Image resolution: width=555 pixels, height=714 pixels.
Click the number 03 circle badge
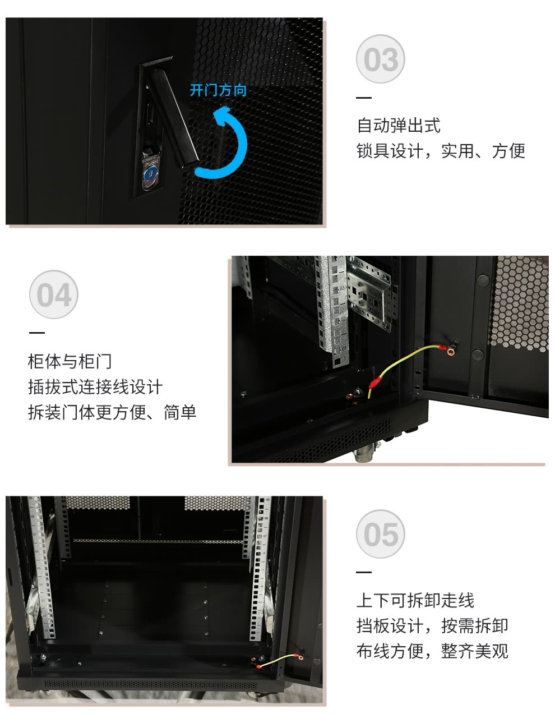[380, 59]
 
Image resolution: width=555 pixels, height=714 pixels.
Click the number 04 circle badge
[54, 294]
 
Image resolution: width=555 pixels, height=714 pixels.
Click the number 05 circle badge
[380, 534]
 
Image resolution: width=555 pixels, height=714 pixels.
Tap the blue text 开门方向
[218, 90]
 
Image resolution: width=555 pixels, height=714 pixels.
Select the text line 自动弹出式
[399, 126]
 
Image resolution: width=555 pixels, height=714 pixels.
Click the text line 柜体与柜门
[70, 361]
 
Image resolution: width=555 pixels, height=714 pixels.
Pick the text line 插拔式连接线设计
[95, 387]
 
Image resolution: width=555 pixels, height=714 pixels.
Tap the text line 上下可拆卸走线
[415, 601]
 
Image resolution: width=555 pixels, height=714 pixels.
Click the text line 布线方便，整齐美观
[432, 651]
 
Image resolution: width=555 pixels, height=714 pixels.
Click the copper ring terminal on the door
[451, 352]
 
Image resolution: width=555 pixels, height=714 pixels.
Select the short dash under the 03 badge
[364, 98]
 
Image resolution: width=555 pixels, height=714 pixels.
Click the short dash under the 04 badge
[37, 333]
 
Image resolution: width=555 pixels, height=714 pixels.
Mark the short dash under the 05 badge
[364, 573]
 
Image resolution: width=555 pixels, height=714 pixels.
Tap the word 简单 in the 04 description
[180, 412]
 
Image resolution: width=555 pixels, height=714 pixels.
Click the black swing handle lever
[174, 116]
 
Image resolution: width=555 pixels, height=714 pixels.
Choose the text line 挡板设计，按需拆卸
[432, 626]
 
